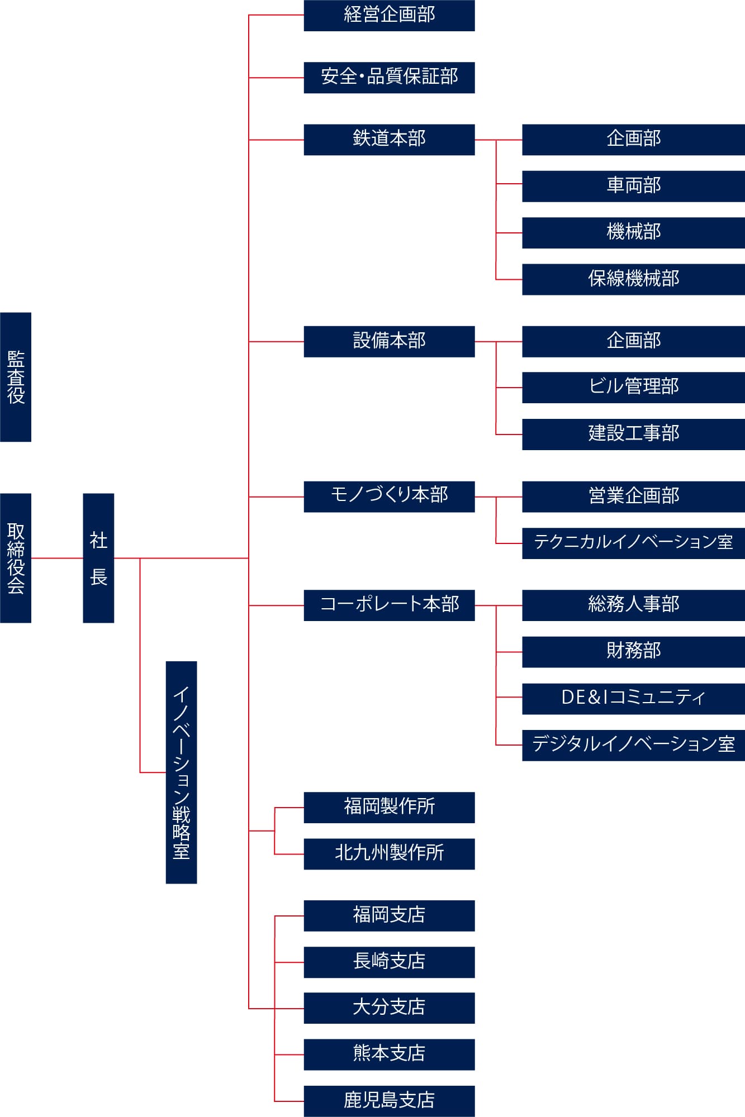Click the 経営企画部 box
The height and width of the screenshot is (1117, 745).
pyautogui.click(x=389, y=16)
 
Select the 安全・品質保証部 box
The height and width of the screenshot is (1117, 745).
pyautogui.click(x=389, y=78)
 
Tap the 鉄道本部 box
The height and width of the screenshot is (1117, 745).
pyautogui.click(x=389, y=140)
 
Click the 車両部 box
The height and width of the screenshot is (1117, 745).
pyautogui.click(x=633, y=186)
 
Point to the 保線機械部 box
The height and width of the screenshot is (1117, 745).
pyautogui.click(x=633, y=279)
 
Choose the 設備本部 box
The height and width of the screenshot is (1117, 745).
pyautogui.click(x=389, y=341)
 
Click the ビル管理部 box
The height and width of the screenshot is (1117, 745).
pyautogui.click(x=633, y=388)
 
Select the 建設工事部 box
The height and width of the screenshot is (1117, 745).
pyautogui.click(x=633, y=435)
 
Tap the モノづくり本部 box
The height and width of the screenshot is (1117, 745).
pyautogui.click(x=389, y=497)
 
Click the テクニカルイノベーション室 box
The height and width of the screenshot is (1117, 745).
pyautogui.click(x=633, y=543)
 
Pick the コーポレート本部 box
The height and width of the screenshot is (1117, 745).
pyautogui.click(x=389, y=605)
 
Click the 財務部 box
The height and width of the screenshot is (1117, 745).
pyautogui.click(x=633, y=652)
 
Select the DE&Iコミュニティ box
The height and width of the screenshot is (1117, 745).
pyautogui.click(x=633, y=699)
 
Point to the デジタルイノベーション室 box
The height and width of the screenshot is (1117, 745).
pyautogui.click(x=633, y=745)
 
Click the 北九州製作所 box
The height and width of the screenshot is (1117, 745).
pyautogui.click(x=389, y=854)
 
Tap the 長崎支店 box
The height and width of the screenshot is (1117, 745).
pyautogui.click(x=389, y=962)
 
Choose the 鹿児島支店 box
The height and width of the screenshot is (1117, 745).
pyautogui.click(x=389, y=1101)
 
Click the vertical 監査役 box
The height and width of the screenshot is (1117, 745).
pyautogui.click(x=16, y=377)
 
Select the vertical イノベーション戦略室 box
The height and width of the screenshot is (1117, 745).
pyautogui.click(x=181, y=772)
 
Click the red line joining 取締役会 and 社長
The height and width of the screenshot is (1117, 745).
pyautogui.click(x=57, y=558)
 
